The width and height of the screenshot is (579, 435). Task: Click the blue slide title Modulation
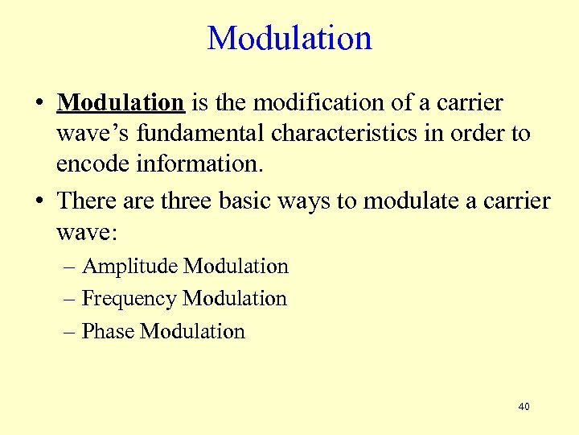pos(289,38)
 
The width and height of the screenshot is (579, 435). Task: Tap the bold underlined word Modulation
pos(121,104)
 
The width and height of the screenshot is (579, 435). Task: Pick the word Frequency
pos(129,299)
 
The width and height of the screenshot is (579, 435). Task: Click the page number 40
pos(524,407)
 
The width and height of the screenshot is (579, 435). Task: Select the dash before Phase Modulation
pos(70,332)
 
